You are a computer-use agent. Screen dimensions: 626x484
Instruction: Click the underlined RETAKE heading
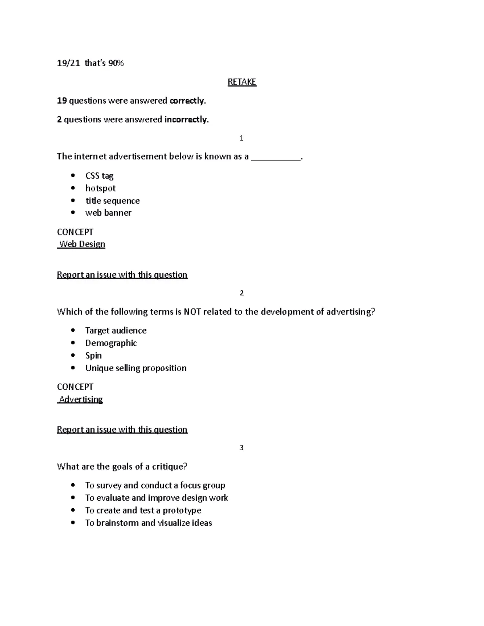click(242, 82)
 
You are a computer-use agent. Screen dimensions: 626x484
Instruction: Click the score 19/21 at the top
click(68, 63)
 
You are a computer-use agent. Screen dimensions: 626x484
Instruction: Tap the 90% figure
click(116, 63)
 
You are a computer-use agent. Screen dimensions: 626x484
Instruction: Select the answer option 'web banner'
click(108, 213)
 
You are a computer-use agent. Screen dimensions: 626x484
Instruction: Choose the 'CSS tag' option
click(99, 176)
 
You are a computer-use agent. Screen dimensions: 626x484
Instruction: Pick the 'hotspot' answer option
click(100, 188)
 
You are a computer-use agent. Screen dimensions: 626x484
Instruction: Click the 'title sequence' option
click(113, 201)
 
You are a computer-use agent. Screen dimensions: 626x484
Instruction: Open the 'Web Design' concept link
click(82, 244)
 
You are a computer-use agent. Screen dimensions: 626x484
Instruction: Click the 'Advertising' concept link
click(81, 399)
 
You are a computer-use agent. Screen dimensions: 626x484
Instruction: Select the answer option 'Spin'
click(94, 356)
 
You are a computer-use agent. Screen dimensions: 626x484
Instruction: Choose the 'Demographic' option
click(111, 343)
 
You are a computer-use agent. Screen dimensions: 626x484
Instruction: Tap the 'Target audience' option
click(116, 331)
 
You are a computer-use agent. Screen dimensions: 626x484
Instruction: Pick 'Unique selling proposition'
click(136, 368)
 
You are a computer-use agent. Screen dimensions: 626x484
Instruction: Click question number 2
click(242, 293)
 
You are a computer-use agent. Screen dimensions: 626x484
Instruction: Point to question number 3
click(242, 448)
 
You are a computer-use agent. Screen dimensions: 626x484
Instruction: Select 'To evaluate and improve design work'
click(156, 498)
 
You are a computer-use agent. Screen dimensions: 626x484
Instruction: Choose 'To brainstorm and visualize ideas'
click(148, 523)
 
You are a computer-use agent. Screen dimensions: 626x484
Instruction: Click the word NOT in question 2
click(192, 312)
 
